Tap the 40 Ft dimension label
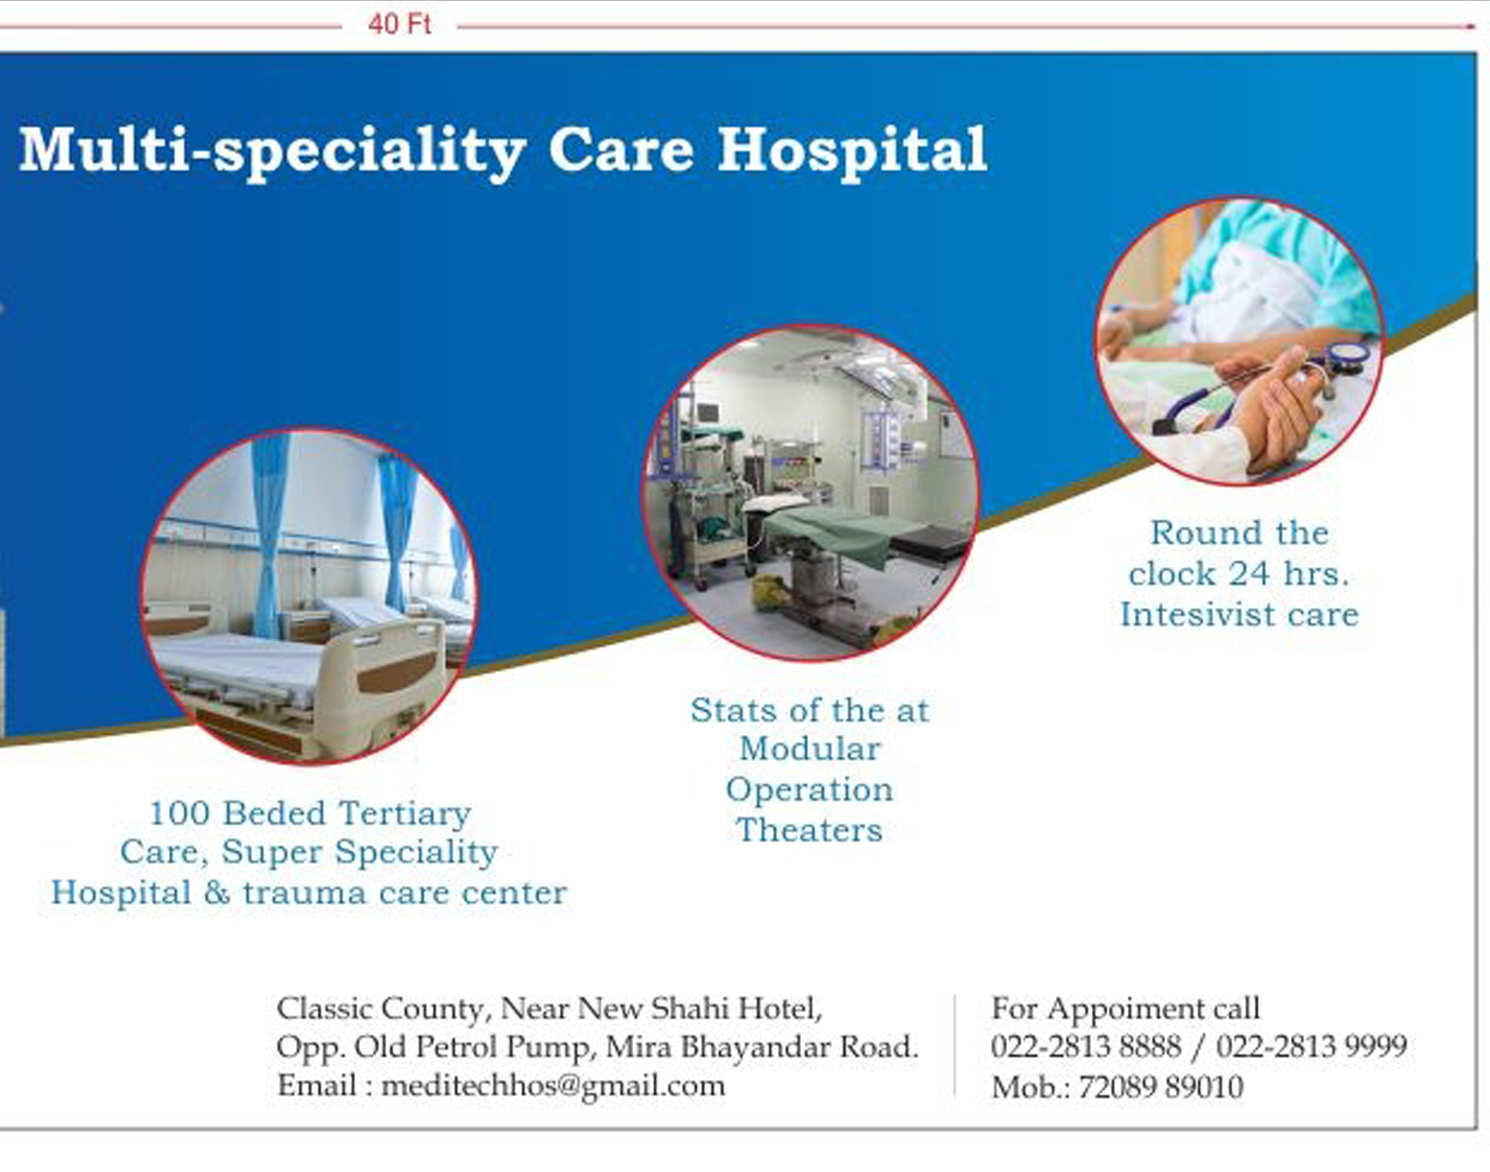(399, 25)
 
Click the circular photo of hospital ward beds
(308, 596)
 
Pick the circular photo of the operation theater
(810, 493)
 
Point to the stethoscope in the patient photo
(1270, 387)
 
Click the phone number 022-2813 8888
(1086, 1046)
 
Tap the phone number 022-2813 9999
(1312, 1046)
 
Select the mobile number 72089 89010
(1160, 1087)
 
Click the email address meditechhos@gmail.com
(552, 1086)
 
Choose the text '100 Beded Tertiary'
(310, 813)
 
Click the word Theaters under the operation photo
(809, 830)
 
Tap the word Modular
(810, 749)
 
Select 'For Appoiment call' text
(1125, 1008)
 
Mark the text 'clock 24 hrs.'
(1239, 574)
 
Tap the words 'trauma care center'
(405, 893)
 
